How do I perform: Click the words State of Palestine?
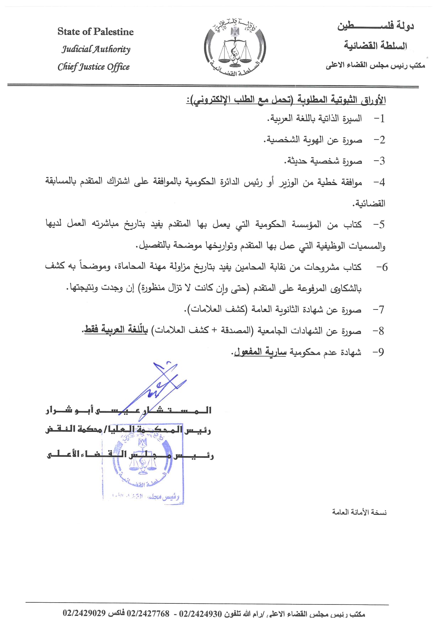click(x=95, y=32)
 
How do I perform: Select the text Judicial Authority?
click(x=96, y=49)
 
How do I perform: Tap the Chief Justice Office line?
click(x=94, y=67)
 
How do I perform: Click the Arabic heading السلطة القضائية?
click(x=375, y=46)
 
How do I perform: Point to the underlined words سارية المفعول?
click(x=260, y=352)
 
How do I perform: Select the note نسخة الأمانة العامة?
click(x=359, y=512)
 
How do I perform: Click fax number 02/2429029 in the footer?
click(x=84, y=613)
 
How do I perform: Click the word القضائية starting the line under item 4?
click(x=368, y=203)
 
